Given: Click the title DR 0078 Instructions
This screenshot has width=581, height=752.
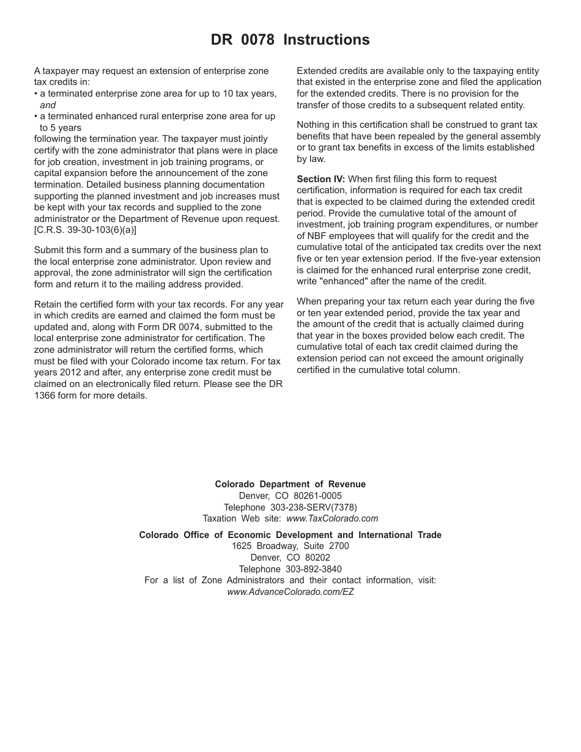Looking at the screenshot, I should tap(290, 40).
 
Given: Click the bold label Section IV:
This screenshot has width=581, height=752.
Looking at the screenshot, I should tap(320, 179).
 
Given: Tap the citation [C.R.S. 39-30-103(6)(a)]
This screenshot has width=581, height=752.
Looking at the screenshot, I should tap(85, 230).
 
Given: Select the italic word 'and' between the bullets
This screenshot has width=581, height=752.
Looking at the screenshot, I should tap(48, 105).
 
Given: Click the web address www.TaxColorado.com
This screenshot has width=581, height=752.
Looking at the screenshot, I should tap(332, 518).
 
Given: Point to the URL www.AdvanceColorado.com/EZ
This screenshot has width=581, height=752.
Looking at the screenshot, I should tap(290, 592).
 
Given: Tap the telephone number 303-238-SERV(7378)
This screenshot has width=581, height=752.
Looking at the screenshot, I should tap(313, 507).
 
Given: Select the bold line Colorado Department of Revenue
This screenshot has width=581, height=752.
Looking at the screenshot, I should tap(290, 484).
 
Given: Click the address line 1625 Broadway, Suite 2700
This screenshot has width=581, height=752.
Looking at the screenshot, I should tap(290, 546).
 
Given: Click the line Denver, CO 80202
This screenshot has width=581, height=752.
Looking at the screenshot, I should tap(290, 558).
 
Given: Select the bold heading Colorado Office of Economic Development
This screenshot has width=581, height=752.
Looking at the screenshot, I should tap(290, 535).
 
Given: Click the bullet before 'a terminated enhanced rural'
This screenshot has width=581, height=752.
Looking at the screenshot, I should tap(36, 116).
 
